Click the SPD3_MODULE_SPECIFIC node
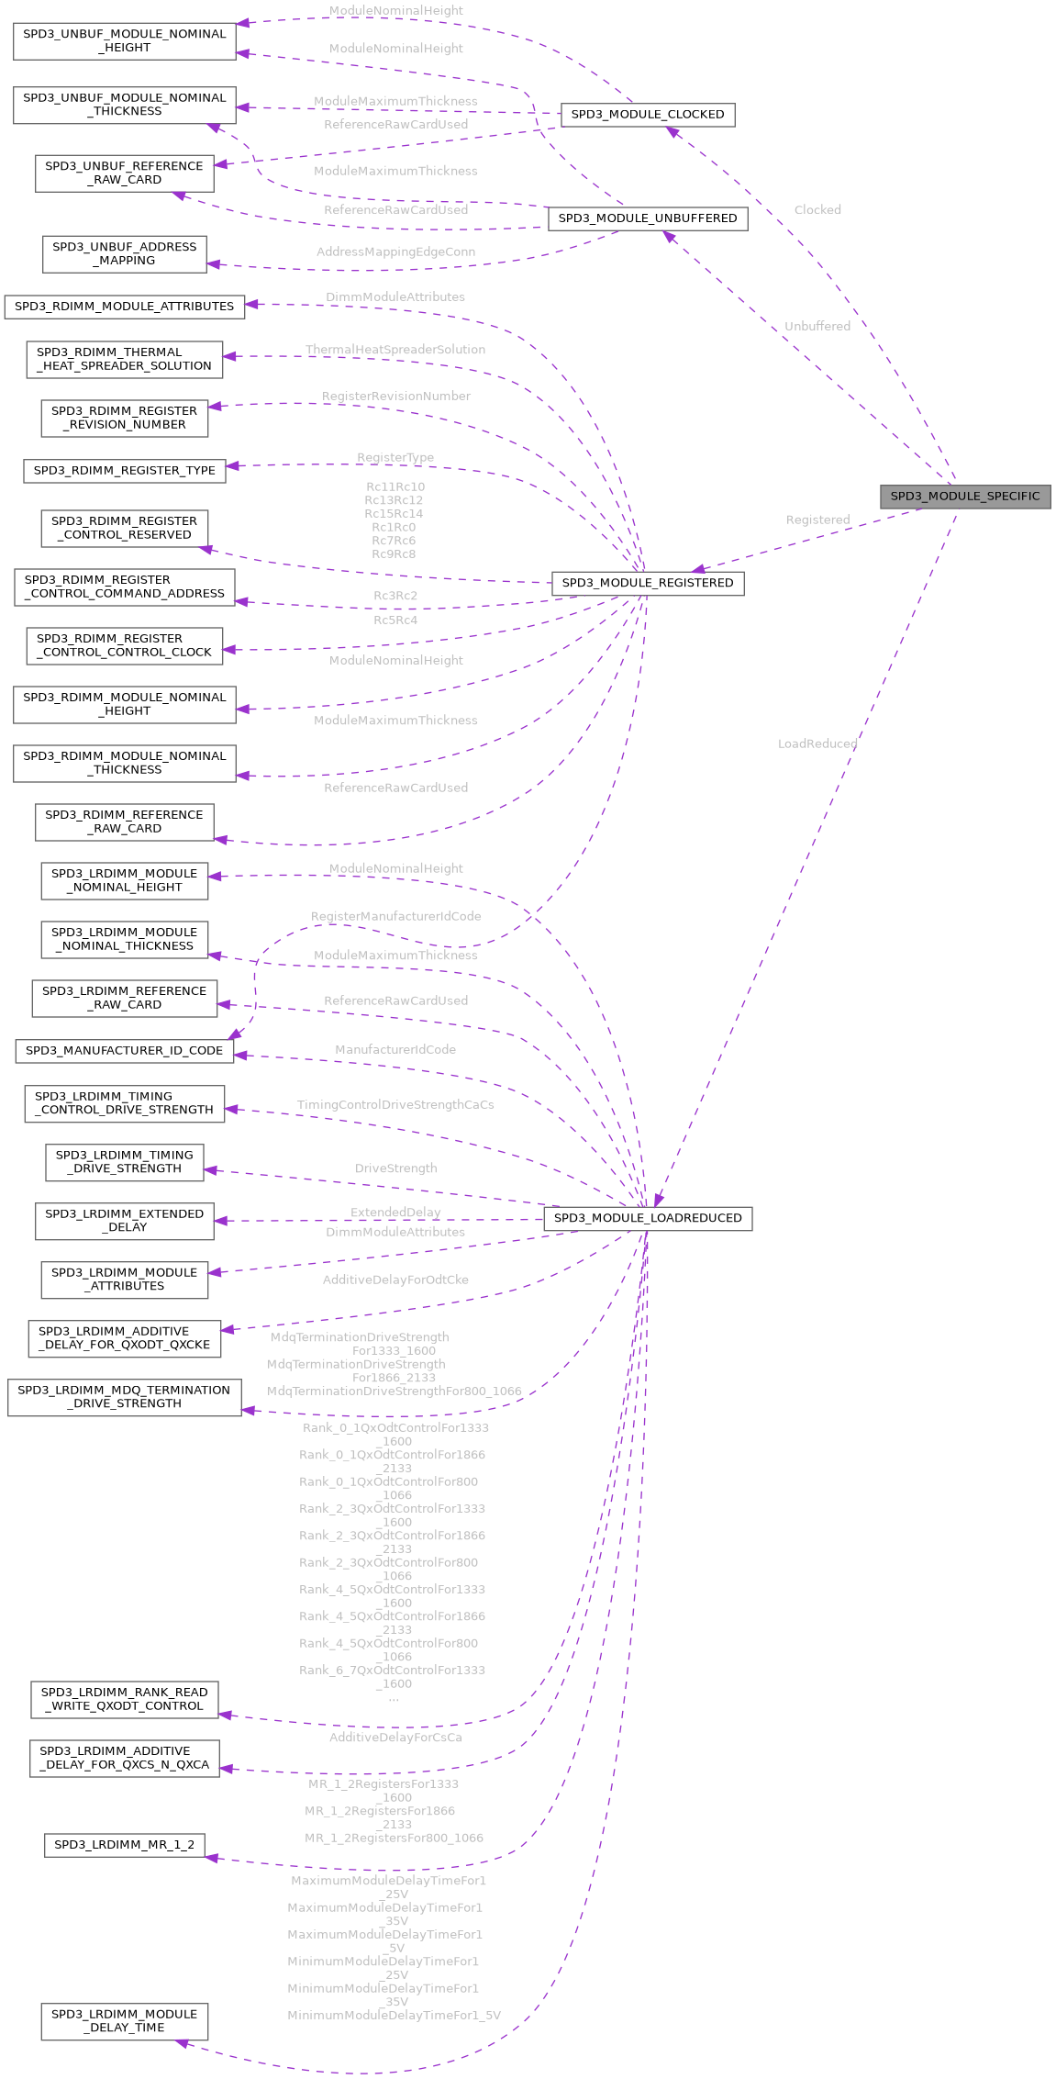click(x=964, y=497)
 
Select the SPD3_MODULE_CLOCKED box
click(x=647, y=115)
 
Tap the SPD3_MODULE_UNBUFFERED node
click(x=647, y=218)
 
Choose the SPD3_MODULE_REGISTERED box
click(x=647, y=583)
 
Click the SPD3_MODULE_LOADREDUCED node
click(x=647, y=1218)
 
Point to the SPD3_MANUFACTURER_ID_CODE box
click(x=124, y=1050)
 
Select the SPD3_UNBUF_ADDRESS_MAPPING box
click(x=124, y=253)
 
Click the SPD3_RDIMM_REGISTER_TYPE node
click(x=124, y=470)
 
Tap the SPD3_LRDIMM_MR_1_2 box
click(x=124, y=1844)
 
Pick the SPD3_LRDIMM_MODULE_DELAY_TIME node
click(x=124, y=2020)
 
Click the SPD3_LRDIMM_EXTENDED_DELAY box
click(x=124, y=1220)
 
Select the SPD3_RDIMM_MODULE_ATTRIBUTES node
click(x=124, y=306)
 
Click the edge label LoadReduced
click(x=817, y=743)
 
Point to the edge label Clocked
click(x=817, y=209)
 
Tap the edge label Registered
click(x=817, y=520)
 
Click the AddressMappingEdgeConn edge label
click(x=395, y=251)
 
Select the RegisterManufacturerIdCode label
click(x=395, y=916)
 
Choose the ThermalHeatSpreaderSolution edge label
click(x=395, y=350)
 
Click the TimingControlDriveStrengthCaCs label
click(x=395, y=1104)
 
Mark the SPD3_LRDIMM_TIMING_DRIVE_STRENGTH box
click(x=124, y=1161)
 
